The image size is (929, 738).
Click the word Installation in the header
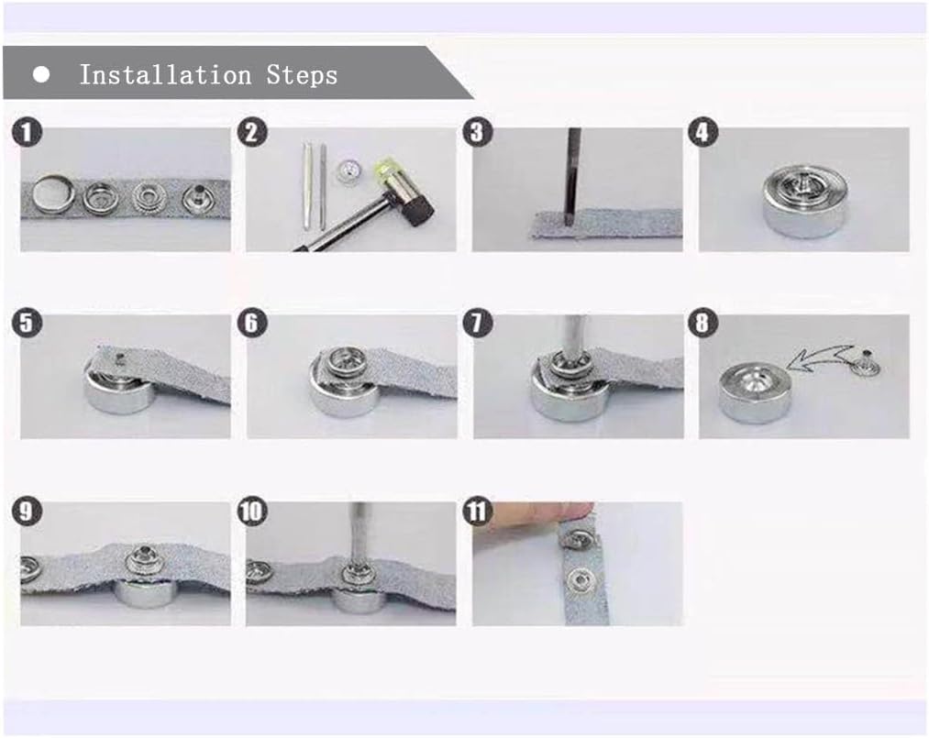[x=165, y=75]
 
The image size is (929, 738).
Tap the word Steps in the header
[x=302, y=76]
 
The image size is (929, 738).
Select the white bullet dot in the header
[x=41, y=74]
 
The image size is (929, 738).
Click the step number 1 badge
[x=27, y=132]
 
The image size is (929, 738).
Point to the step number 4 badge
[x=703, y=132]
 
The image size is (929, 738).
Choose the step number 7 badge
[x=478, y=323]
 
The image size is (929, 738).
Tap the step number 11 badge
[x=478, y=512]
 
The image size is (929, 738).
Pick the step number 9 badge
[x=27, y=512]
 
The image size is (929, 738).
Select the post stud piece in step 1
[x=198, y=197]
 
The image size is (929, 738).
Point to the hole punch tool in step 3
[x=573, y=177]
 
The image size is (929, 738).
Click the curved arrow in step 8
[x=823, y=359]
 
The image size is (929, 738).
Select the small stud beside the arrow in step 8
[x=867, y=362]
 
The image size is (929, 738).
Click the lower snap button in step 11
[x=579, y=581]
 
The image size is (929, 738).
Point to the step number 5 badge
[x=27, y=323]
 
